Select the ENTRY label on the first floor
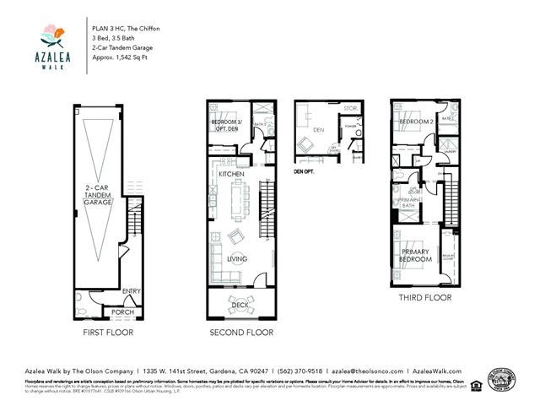[x=131, y=292]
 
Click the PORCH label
[x=123, y=312]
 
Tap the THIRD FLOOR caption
[x=424, y=298]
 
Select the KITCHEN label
[x=231, y=174]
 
